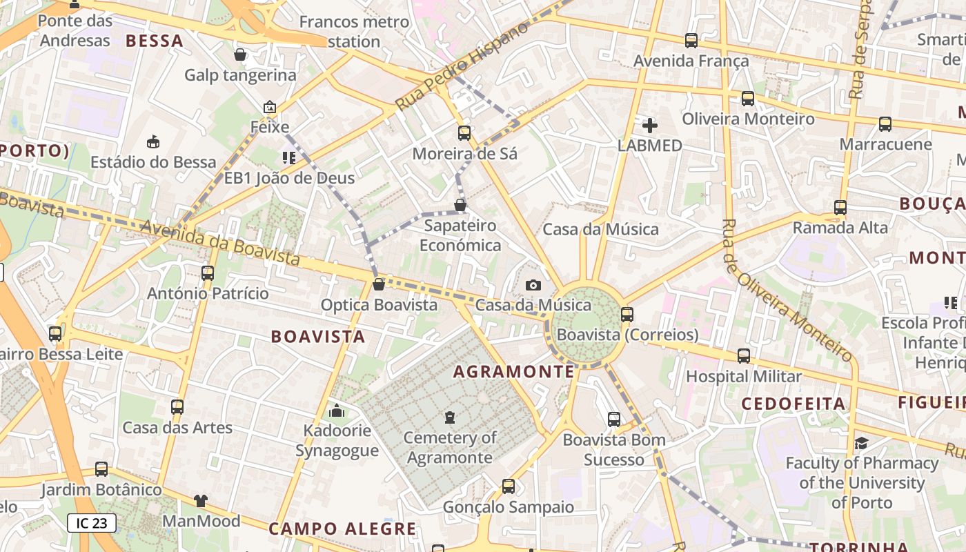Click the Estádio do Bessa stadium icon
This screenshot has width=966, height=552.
coord(153,142)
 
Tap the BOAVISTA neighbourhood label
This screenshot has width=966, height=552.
coord(318,337)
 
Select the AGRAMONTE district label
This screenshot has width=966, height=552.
coord(513,372)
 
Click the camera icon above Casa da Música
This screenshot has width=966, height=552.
coord(533,285)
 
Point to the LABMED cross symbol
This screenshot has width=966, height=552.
coord(649,126)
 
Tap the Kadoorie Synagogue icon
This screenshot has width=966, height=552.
coord(337,411)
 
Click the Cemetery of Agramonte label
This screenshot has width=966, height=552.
coord(450,447)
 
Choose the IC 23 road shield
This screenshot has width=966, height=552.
coord(91,523)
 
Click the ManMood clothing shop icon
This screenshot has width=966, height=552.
coord(200,501)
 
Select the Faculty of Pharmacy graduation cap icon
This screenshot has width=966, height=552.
coord(861,443)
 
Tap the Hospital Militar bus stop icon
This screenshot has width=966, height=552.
coord(743,356)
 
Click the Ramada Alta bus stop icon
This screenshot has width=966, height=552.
coord(840,208)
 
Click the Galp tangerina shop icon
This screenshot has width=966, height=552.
coord(240,55)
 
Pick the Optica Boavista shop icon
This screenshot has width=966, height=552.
coord(378,284)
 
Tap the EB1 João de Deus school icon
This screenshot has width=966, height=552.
coord(289,158)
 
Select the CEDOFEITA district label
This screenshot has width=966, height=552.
coord(793,404)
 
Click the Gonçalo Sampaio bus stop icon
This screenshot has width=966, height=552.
coord(509,486)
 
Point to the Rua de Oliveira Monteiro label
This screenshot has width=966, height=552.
coord(787,290)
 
